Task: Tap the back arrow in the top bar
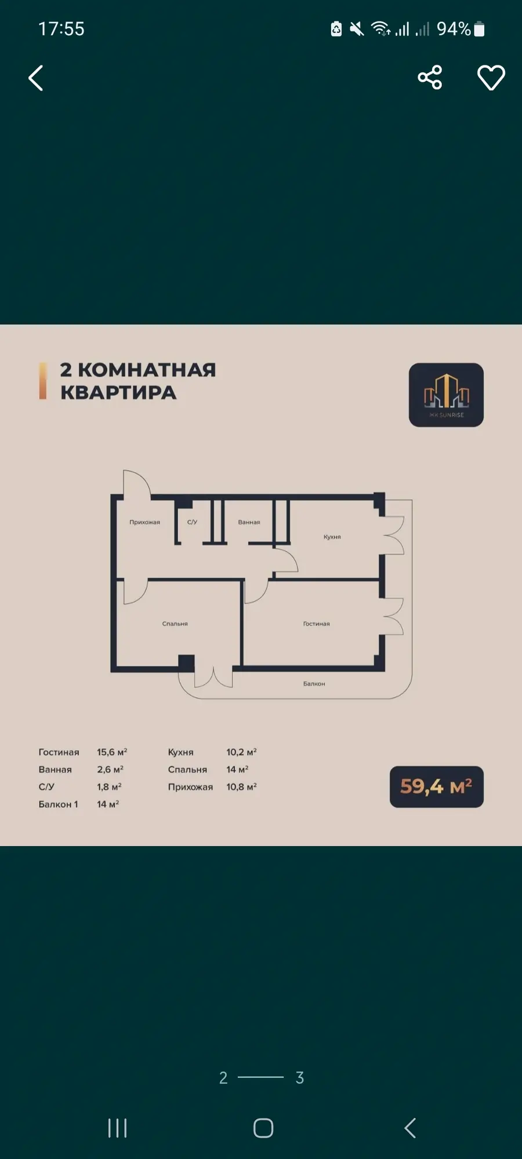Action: pyautogui.click(x=36, y=78)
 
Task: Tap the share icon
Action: pyautogui.click(x=430, y=77)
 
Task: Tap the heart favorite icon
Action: pyautogui.click(x=491, y=78)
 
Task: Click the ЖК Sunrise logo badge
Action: pyautogui.click(x=446, y=395)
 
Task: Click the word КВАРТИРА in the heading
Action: pyautogui.click(x=118, y=392)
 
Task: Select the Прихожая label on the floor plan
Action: pyautogui.click(x=144, y=522)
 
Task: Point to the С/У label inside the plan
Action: pyautogui.click(x=192, y=522)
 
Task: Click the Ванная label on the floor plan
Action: pyautogui.click(x=249, y=522)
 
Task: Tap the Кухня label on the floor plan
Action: pyautogui.click(x=332, y=537)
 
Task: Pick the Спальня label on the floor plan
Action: pyautogui.click(x=175, y=624)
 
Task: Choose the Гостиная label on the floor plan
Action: pyautogui.click(x=316, y=624)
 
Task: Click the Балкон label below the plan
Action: pyautogui.click(x=314, y=684)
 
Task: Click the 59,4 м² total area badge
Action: pyautogui.click(x=437, y=786)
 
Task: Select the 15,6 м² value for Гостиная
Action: pyautogui.click(x=112, y=752)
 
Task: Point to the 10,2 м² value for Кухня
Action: pyautogui.click(x=241, y=752)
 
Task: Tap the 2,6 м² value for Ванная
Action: pyautogui.click(x=110, y=769)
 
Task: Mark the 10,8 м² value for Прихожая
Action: pyautogui.click(x=241, y=786)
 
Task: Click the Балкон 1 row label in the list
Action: pyautogui.click(x=58, y=804)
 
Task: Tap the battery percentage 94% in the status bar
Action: pyautogui.click(x=454, y=28)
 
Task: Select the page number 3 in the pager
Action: pyautogui.click(x=299, y=1077)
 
